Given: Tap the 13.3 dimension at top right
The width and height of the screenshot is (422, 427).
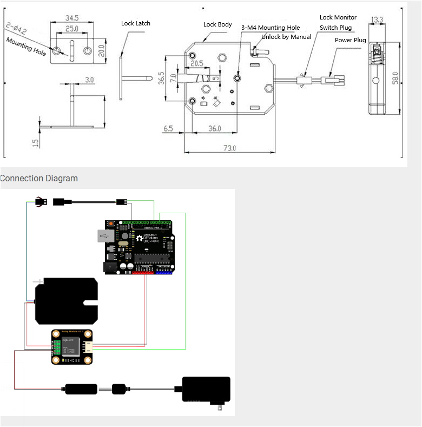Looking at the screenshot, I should tap(378, 20).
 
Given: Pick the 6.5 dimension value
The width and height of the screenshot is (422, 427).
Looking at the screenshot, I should tap(168, 129).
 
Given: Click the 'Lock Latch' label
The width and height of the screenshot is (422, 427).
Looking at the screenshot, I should tap(136, 23).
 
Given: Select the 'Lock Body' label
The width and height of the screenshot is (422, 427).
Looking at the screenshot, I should tap(217, 24).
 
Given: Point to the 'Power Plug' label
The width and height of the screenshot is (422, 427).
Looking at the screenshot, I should tap(350, 40).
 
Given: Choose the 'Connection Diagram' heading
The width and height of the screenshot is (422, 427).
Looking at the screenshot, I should tap(39, 179).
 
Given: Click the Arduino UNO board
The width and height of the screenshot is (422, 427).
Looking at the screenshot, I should tap(138, 247).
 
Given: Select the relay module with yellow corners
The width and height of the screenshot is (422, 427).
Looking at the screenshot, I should tap(72, 347).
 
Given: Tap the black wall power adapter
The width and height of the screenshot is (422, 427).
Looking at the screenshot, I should tap(207, 390).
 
